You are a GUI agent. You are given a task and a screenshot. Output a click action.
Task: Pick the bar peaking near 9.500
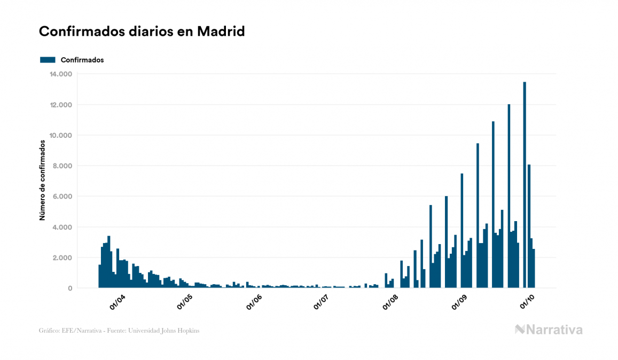pyautogui.click(x=478, y=216)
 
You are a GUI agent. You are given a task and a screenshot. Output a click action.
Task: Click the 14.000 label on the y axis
pyautogui.click(x=61, y=74)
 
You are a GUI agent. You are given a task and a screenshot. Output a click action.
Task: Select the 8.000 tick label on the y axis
pyautogui.click(x=63, y=166)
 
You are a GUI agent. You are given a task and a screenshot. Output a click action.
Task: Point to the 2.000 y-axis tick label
pyautogui.click(x=63, y=258)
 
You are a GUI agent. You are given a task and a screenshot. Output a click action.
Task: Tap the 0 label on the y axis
pyautogui.click(x=70, y=288)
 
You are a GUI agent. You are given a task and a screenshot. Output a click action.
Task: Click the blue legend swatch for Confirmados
pyautogui.click(x=48, y=60)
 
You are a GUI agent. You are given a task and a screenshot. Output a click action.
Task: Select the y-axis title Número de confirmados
pyautogui.click(x=42, y=181)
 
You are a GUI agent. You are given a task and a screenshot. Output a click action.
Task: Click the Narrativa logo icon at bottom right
pyautogui.click(x=520, y=330)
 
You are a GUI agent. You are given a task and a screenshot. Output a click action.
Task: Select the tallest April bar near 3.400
pyautogui.click(x=109, y=262)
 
